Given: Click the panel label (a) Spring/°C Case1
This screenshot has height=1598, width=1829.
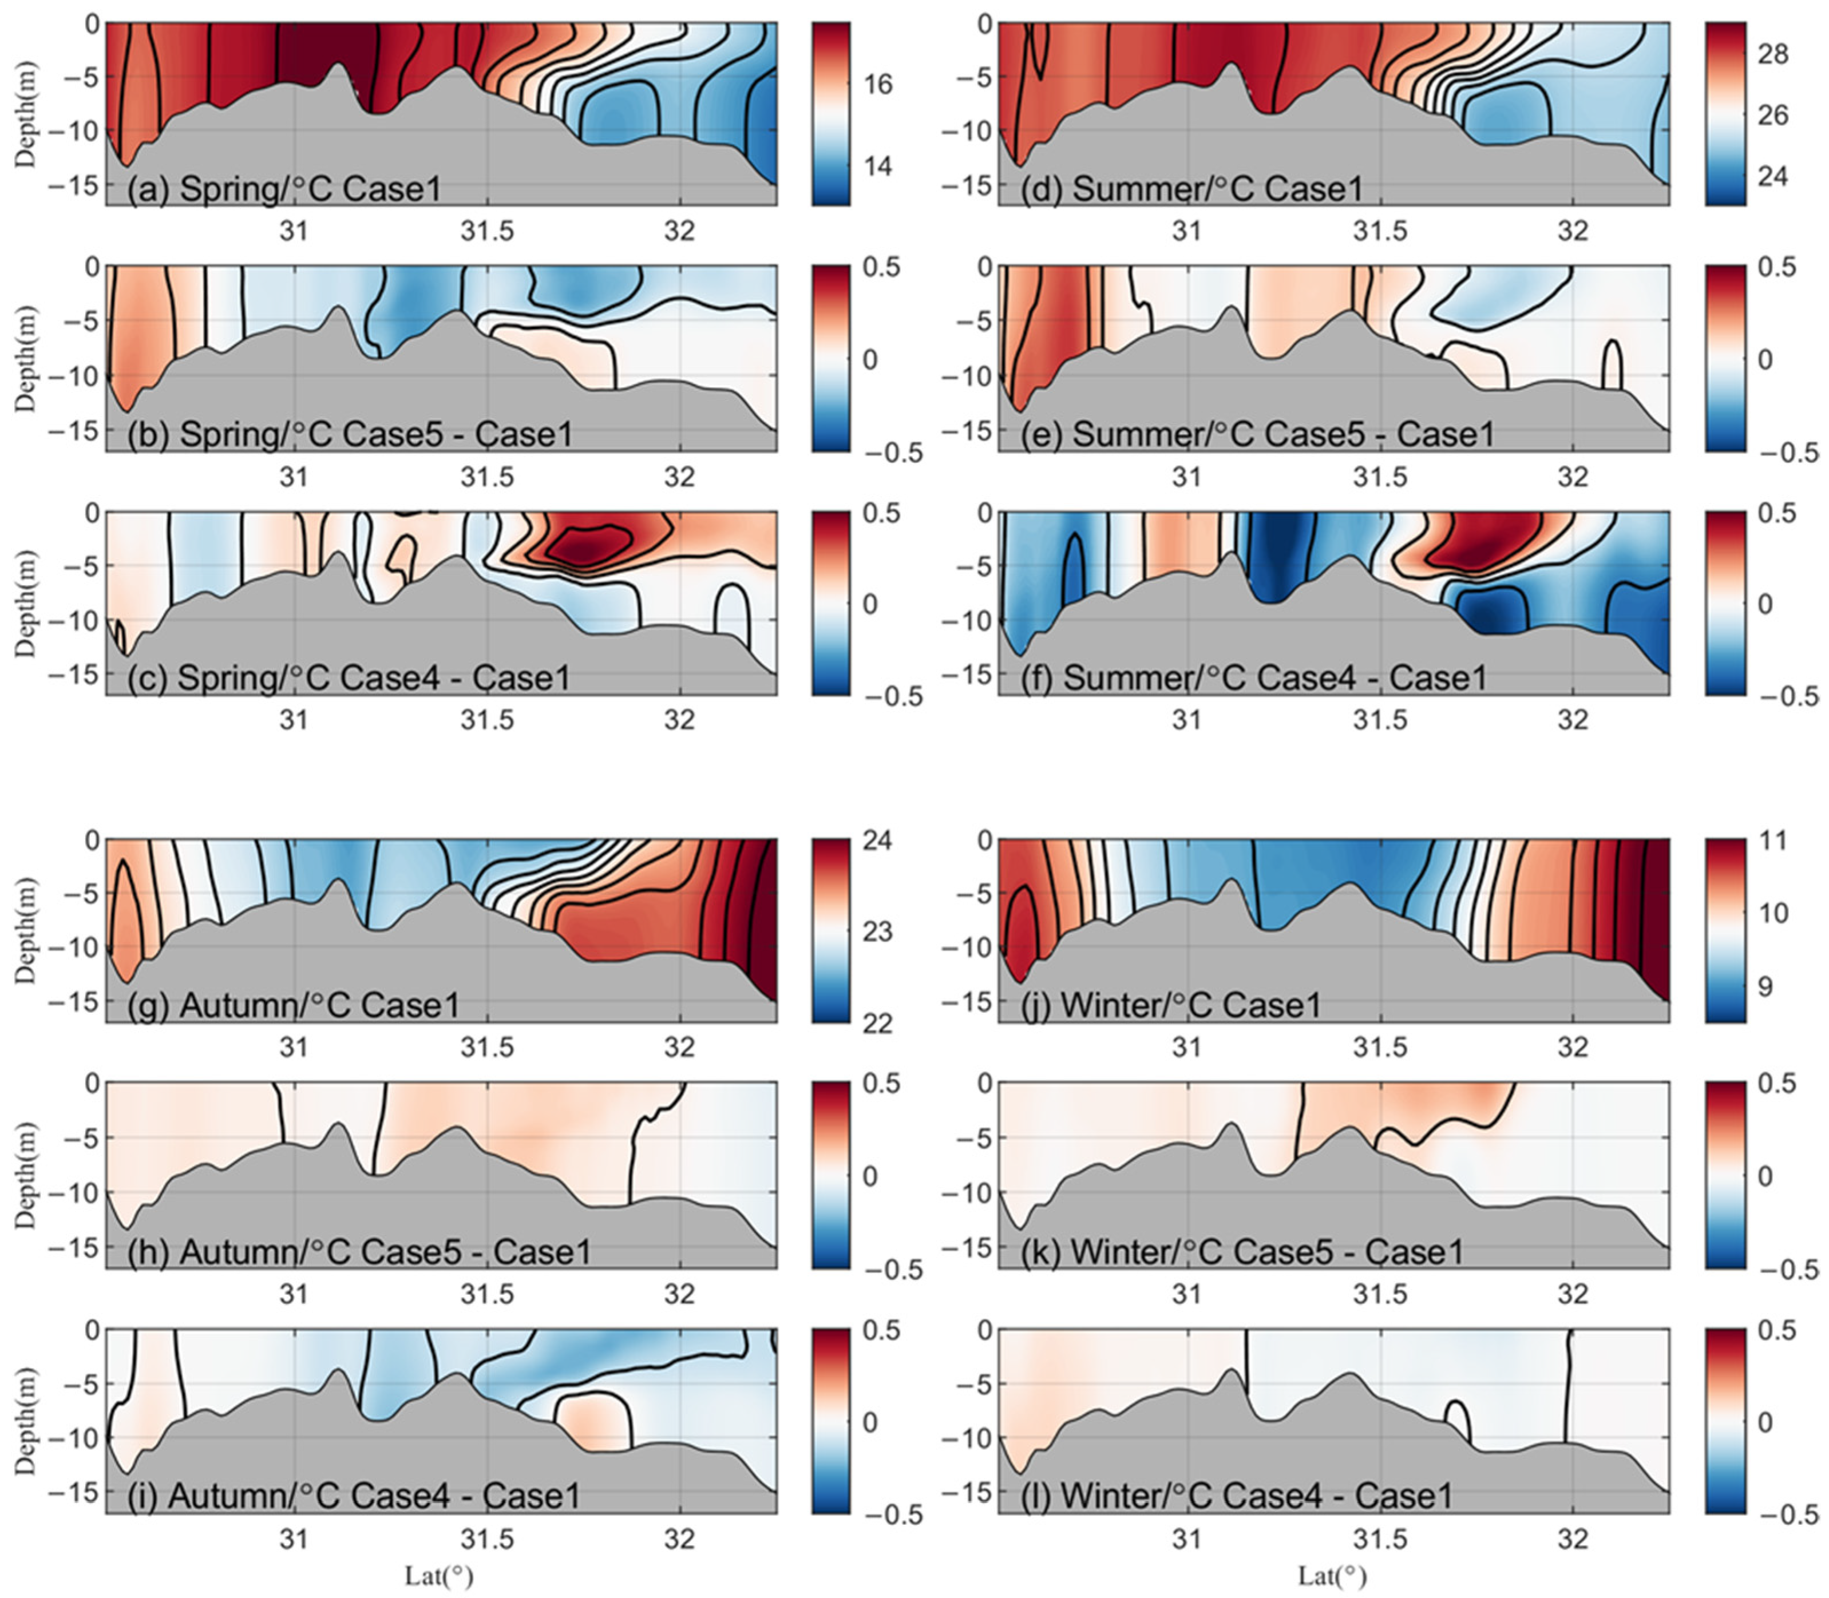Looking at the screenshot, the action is (x=284, y=189).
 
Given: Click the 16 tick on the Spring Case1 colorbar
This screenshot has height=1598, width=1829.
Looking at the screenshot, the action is (x=878, y=85).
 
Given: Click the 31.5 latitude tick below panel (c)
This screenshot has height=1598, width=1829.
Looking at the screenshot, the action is (x=488, y=720).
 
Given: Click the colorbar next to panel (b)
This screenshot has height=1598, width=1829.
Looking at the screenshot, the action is (x=831, y=359).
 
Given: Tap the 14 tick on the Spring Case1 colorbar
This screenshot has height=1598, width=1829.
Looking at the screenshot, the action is (x=878, y=166).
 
